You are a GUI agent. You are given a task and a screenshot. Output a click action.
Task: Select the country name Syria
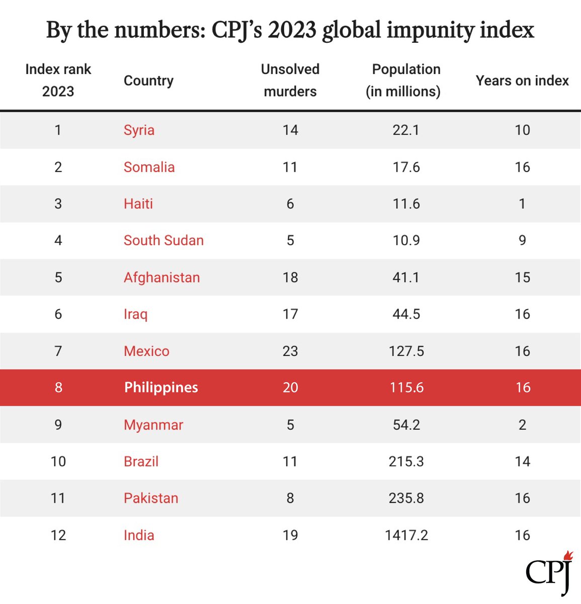(x=139, y=130)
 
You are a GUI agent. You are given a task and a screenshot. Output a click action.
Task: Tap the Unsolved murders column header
(x=290, y=81)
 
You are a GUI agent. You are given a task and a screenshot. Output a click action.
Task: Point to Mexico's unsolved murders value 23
(x=290, y=351)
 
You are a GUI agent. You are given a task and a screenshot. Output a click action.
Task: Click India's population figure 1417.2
(x=406, y=535)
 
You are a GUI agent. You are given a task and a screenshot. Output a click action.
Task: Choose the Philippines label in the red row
(x=161, y=388)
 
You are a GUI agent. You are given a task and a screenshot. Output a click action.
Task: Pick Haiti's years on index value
(x=522, y=204)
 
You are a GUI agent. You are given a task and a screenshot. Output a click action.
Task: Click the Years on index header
(x=522, y=81)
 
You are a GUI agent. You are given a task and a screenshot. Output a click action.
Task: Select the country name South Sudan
(x=164, y=241)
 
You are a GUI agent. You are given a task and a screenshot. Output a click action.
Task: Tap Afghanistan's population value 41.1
(x=406, y=277)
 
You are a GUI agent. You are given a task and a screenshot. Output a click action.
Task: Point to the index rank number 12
(x=58, y=535)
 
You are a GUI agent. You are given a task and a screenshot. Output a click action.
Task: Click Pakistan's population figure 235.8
(x=406, y=498)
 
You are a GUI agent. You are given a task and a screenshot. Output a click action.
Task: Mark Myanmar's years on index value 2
(x=522, y=425)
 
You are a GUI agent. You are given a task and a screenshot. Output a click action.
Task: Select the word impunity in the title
(x=430, y=30)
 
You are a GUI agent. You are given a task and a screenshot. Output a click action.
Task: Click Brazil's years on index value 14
(x=522, y=461)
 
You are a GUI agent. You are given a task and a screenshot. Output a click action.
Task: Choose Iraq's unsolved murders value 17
(x=290, y=314)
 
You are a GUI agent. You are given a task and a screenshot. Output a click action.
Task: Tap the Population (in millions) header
(x=403, y=81)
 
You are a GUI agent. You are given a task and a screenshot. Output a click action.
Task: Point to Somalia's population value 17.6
(x=406, y=167)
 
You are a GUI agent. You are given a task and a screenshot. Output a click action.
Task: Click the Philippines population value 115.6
(x=406, y=388)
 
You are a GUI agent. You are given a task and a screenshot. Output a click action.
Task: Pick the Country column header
(x=148, y=81)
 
